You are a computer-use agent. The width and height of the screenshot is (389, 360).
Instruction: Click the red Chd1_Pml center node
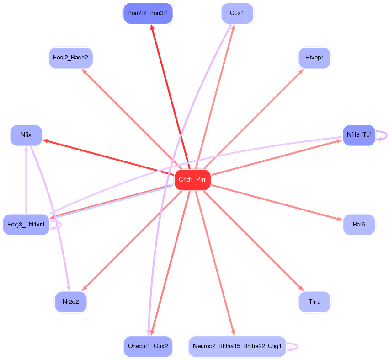pos(192,180)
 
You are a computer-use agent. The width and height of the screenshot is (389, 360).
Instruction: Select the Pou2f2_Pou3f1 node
pos(148,13)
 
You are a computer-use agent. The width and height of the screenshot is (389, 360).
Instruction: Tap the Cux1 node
pos(237,13)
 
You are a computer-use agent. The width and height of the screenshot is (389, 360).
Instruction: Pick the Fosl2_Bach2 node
pos(70,58)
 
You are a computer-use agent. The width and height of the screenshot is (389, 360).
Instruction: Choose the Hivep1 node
pos(314,58)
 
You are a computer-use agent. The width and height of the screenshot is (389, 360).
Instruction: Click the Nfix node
pos(26,135)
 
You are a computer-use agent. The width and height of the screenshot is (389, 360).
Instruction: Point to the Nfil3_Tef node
pos(359,135)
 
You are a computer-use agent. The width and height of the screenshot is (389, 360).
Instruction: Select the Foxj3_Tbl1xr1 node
pos(26,225)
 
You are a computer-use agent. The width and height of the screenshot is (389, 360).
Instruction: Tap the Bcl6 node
pos(359,225)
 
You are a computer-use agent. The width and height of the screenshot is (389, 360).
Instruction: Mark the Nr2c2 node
pos(70,302)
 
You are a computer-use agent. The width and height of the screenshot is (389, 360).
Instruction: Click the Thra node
pos(314,302)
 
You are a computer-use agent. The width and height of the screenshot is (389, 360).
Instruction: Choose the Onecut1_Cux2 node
pos(148,346)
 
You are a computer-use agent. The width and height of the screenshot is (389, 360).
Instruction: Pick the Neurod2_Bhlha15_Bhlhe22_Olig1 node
pos(237,346)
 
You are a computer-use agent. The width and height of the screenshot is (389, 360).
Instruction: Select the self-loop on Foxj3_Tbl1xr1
pos(60,225)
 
